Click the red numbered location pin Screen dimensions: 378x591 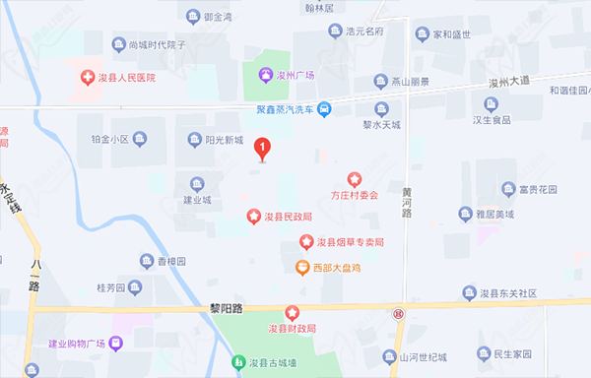(262, 149)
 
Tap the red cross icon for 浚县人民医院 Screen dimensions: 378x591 (87, 76)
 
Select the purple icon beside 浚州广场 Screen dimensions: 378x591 (265, 76)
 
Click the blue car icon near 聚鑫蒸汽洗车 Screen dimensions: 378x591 (324, 108)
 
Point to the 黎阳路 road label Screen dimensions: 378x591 (225, 308)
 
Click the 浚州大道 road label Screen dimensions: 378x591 (508, 79)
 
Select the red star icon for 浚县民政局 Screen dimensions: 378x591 (253, 216)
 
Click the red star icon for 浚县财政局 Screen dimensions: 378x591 (292, 312)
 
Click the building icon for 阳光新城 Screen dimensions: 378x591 (195, 139)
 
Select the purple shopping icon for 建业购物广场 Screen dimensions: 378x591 (115, 344)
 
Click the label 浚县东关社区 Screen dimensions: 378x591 (508, 293)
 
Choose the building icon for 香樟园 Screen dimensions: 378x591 (146, 262)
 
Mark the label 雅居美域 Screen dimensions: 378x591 (495, 214)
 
